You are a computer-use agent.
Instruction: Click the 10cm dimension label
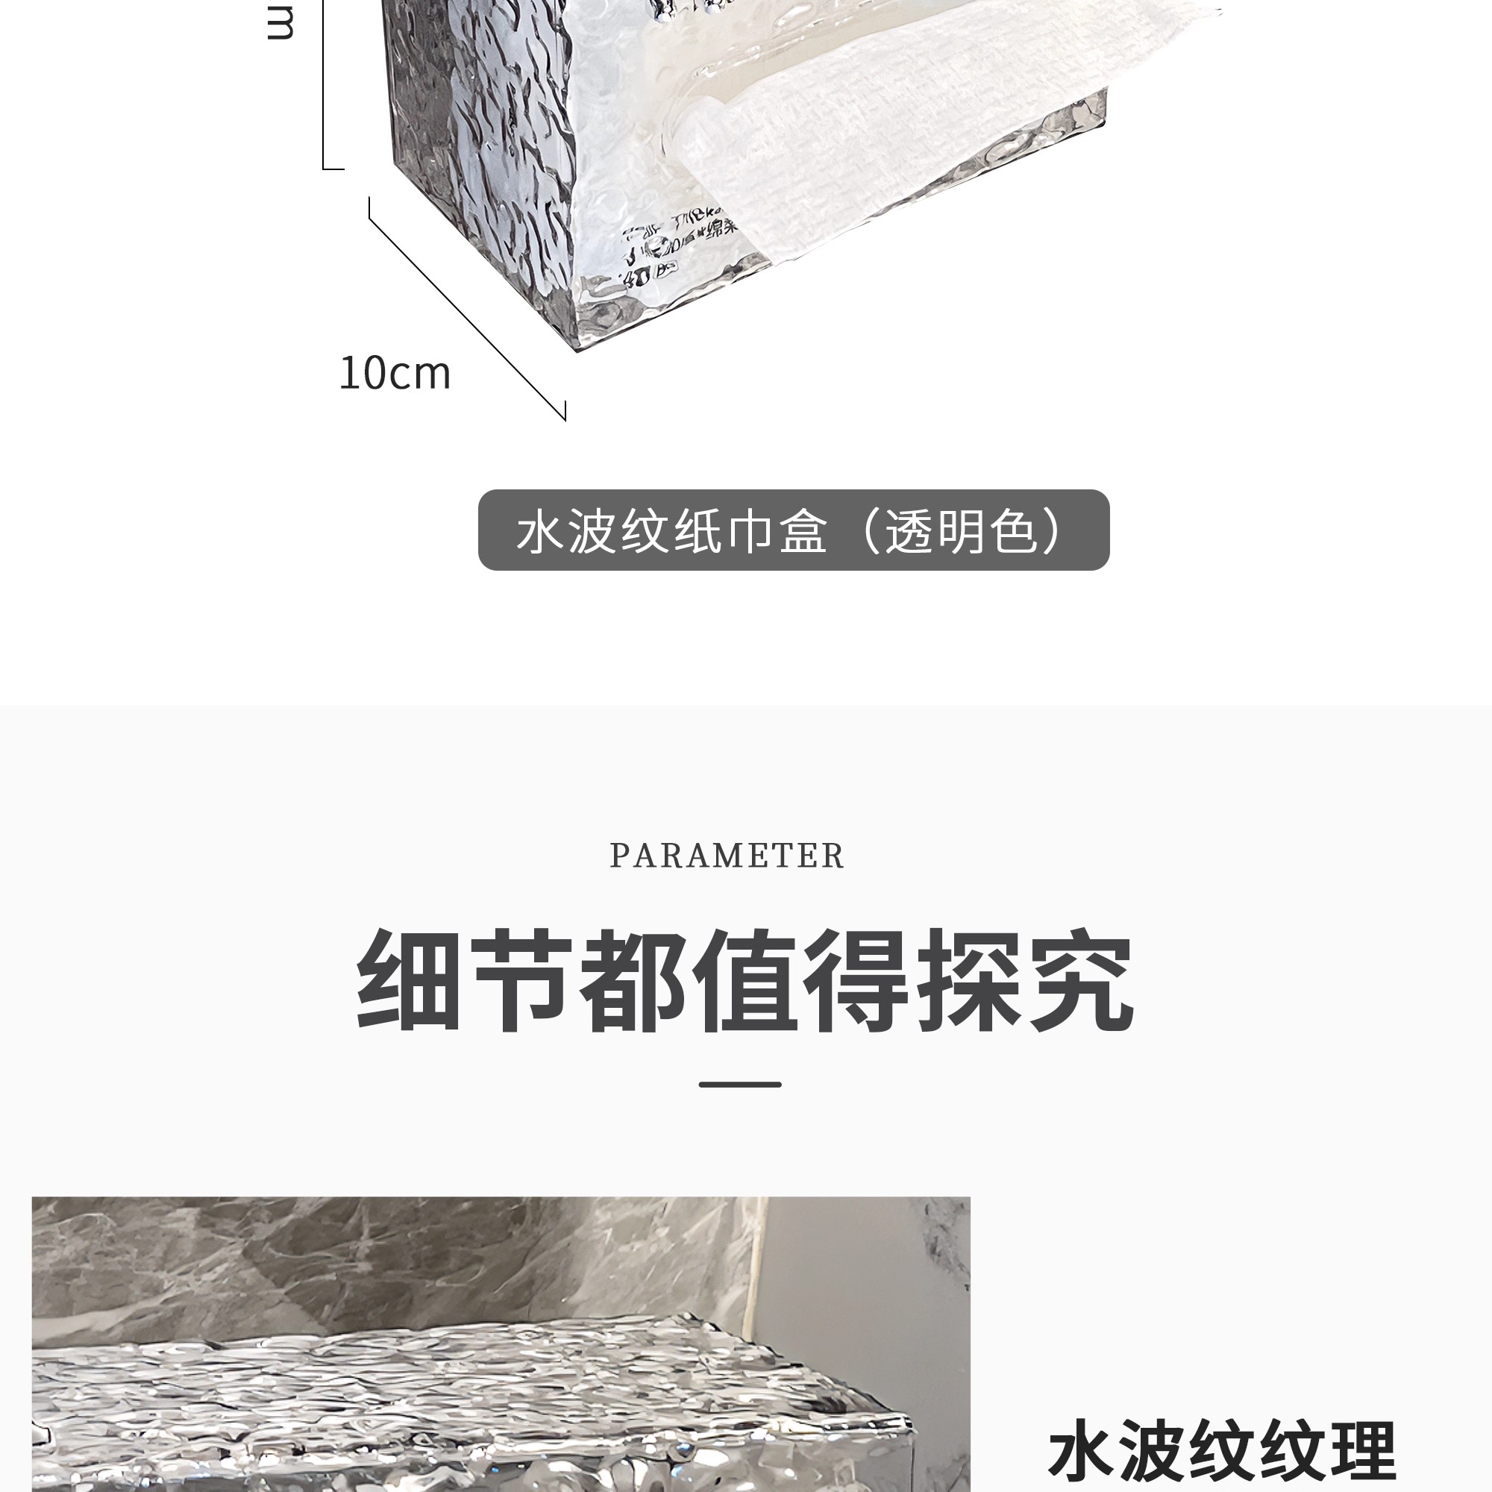(x=395, y=374)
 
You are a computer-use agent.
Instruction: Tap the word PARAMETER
(x=727, y=856)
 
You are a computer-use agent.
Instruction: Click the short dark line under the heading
(x=740, y=1084)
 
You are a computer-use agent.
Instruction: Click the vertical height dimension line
(x=324, y=85)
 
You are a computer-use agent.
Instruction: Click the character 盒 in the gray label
(x=803, y=531)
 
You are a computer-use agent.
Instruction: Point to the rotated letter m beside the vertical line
(x=280, y=23)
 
